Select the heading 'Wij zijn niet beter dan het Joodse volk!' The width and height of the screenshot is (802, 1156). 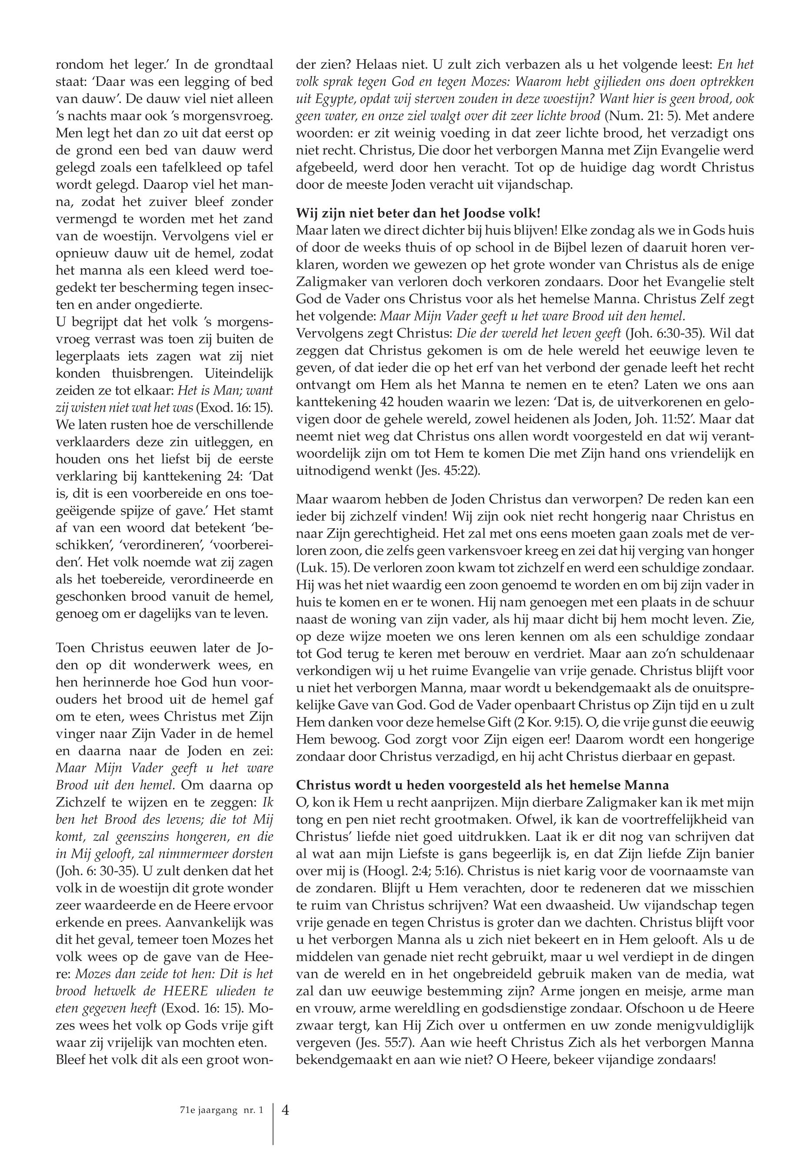418,213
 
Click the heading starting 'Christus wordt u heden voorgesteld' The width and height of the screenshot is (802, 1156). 483,785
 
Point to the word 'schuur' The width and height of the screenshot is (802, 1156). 736,602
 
